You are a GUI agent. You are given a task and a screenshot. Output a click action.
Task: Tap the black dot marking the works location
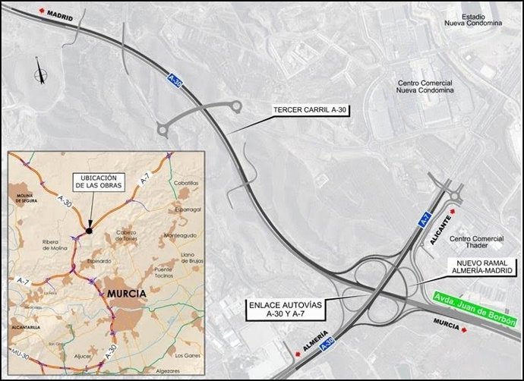tap(89, 231)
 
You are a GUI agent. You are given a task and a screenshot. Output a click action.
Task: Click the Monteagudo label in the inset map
tap(181, 235)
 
